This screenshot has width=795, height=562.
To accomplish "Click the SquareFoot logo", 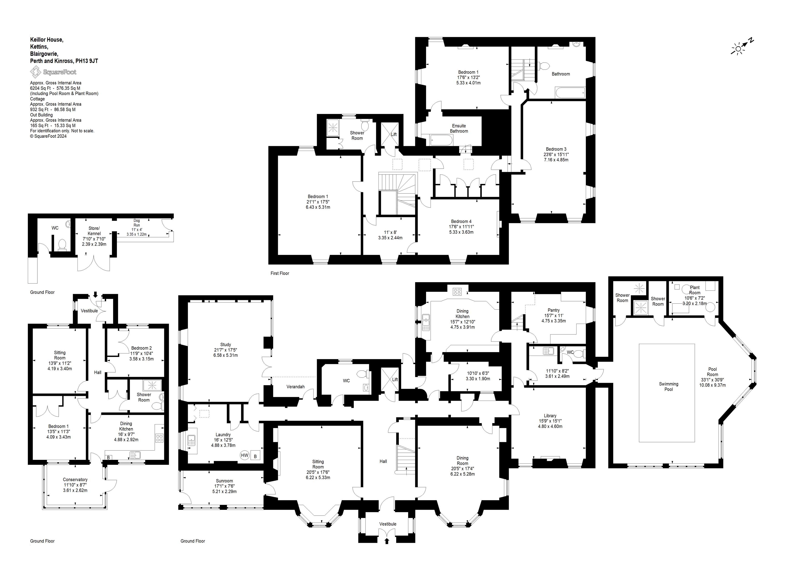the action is (53, 72).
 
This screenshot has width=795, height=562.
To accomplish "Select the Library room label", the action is (550, 416).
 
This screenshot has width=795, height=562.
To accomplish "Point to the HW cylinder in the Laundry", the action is (245, 455).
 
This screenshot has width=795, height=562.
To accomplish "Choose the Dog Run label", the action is (137, 223).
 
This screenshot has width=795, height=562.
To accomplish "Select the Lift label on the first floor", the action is (394, 134).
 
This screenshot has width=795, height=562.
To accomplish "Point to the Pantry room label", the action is (553, 310).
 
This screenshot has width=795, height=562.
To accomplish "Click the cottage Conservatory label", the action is (75, 480).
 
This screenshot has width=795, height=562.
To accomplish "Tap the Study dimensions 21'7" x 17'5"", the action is (225, 350).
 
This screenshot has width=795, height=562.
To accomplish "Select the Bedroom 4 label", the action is (461, 221).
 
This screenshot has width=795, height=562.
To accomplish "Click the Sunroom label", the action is (224, 481).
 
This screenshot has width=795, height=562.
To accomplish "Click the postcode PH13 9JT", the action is (87, 61).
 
